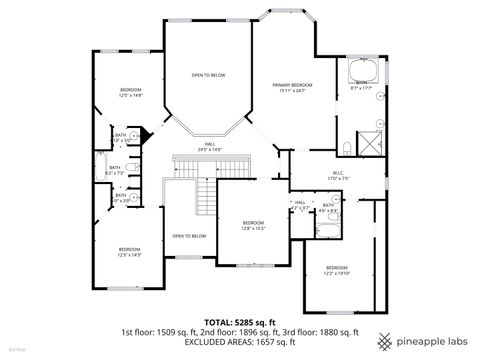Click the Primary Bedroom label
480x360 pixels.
(294, 88)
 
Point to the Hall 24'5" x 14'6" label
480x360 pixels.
(210, 147)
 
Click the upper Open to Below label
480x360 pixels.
(208, 75)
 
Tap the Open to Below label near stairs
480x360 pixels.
(189, 236)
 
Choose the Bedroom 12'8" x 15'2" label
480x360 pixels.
(252, 225)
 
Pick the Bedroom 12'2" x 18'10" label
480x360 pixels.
(337, 270)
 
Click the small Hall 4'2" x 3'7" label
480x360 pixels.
(300, 206)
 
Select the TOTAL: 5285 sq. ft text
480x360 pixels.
(239, 322)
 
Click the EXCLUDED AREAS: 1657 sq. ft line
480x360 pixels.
(239, 342)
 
